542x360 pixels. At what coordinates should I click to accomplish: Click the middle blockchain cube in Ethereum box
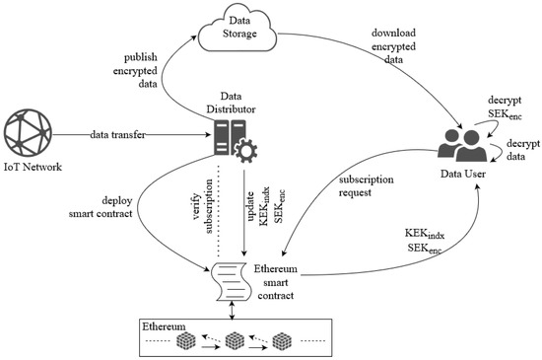tap(235, 341)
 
